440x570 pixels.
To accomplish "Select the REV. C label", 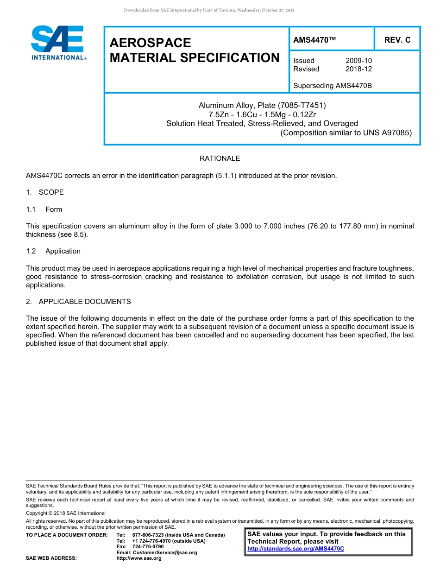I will tap(397, 40).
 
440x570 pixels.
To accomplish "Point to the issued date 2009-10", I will tap(358, 61).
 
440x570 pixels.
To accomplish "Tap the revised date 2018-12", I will tap(358, 69).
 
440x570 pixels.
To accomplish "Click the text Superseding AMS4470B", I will tap(333, 86).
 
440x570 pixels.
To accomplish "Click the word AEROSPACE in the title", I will tap(150, 43).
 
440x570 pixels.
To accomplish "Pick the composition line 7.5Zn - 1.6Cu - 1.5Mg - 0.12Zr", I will tap(262, 114).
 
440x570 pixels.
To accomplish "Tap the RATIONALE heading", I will tap(220, 158).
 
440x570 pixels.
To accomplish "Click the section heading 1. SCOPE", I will tap(45, 192).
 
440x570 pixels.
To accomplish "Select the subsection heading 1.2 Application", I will tap(53, 251).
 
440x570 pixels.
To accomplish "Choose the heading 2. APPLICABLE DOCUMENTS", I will tap(78, 302).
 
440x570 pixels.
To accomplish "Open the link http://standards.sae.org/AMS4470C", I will tap(295, 549).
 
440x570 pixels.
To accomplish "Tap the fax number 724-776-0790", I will tap(148, 547).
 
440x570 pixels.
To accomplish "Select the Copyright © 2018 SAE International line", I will tap(66, 513).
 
